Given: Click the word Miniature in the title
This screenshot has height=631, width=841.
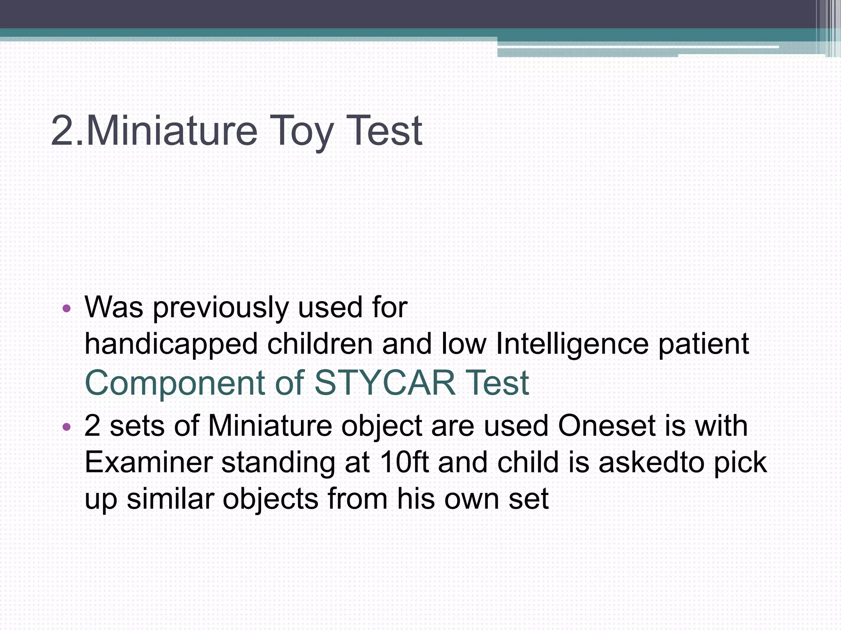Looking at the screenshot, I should click(x=172, y=131).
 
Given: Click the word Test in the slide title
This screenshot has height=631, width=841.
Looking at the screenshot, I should click(x=384, y=131).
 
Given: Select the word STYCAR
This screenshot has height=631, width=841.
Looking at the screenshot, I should click(x=385, y=383).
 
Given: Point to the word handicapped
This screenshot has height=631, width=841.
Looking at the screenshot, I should click(x=171, y=344).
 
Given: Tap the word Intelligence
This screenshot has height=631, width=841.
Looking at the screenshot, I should click(x=572, y=344).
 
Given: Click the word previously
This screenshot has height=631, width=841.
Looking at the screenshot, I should click(x=221, y=308).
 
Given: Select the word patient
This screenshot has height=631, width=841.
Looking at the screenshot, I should click(x=704, y=344).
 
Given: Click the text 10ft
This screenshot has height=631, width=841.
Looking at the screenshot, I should click(x=404, y=462).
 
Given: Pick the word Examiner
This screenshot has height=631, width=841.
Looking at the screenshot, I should click(x=148, y=462).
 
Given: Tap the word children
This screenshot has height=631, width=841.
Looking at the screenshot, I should click(x=320, y=344).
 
